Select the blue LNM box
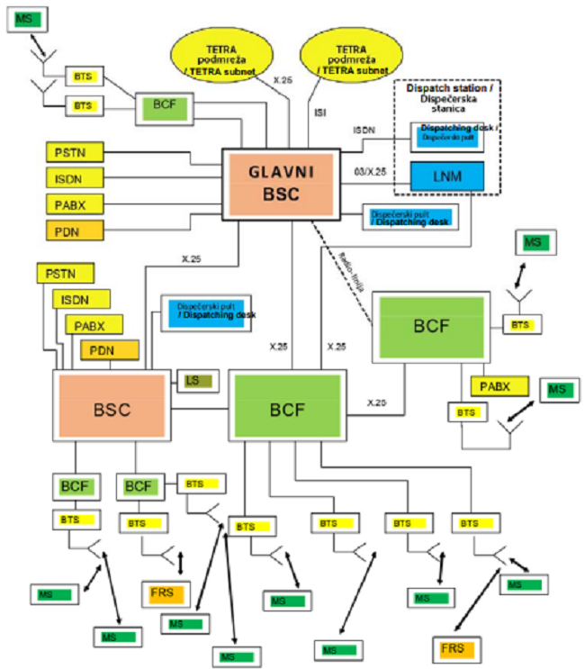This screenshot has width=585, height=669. click(x=447, y=175)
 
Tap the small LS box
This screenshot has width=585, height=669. click(x=197, y=381)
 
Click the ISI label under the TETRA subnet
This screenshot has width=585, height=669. click(x=319, y=113)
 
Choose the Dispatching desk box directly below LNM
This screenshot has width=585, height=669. click(x=410, y=216)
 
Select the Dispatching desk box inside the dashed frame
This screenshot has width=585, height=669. click(x=447, y=136)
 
